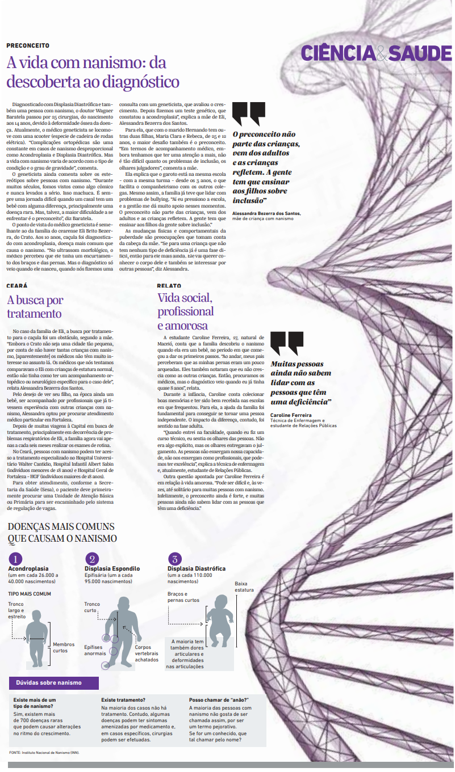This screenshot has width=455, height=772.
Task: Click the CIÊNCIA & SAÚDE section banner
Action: (376, 53)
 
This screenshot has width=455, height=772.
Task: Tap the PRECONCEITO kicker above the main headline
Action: (28, 45)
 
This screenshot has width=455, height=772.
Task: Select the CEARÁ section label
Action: (17, 286)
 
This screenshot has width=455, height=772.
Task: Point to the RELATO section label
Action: (169, 286)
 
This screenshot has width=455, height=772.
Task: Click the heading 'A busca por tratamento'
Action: (35, 306)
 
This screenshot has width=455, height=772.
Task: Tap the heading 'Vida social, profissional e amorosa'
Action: (186, 311)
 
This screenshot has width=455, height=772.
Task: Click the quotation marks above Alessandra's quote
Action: (248, 113)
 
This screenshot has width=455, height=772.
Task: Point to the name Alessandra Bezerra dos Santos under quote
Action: (266, 213)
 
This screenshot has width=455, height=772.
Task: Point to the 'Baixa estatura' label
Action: (244, 587)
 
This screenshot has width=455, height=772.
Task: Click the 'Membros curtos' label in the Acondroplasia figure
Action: (63, 647)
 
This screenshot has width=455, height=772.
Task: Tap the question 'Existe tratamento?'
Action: (123, 700)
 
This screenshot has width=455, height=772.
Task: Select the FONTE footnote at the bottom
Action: (44, 752)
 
